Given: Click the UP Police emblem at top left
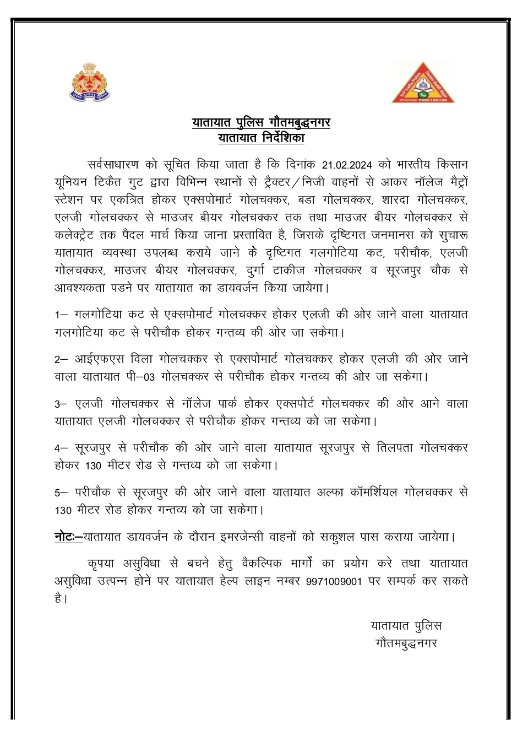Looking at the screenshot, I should point(91,82).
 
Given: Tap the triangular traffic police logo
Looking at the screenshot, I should point(423,82).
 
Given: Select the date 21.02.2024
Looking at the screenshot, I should point(348,165).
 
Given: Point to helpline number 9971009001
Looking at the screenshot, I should point(335,581).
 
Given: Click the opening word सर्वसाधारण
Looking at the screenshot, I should point(115,164).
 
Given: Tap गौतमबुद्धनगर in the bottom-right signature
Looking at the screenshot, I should point(406,643).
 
